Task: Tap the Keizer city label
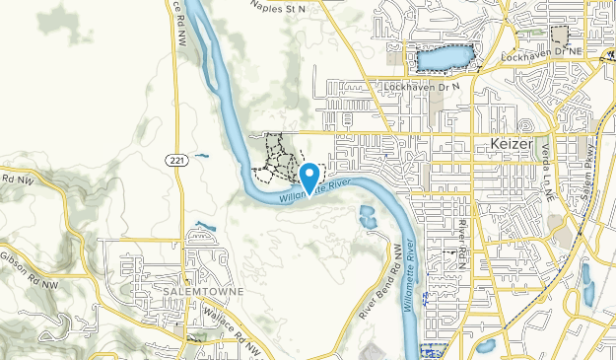coord(511,145)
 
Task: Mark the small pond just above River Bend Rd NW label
coord(368,218)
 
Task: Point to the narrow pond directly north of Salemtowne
coord(205,229)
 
